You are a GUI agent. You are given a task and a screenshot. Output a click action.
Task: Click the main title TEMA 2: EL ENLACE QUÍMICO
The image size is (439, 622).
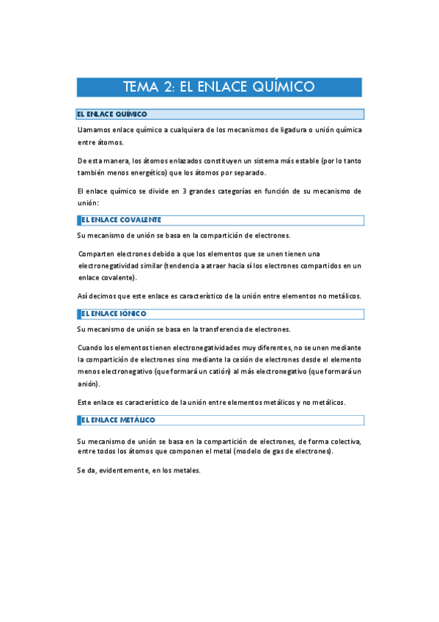pos(219,87)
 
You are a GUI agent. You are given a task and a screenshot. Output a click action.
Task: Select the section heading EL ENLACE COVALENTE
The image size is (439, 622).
pos(121,220)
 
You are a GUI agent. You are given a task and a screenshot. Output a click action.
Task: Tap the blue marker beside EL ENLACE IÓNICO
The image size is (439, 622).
pos(78,313)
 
